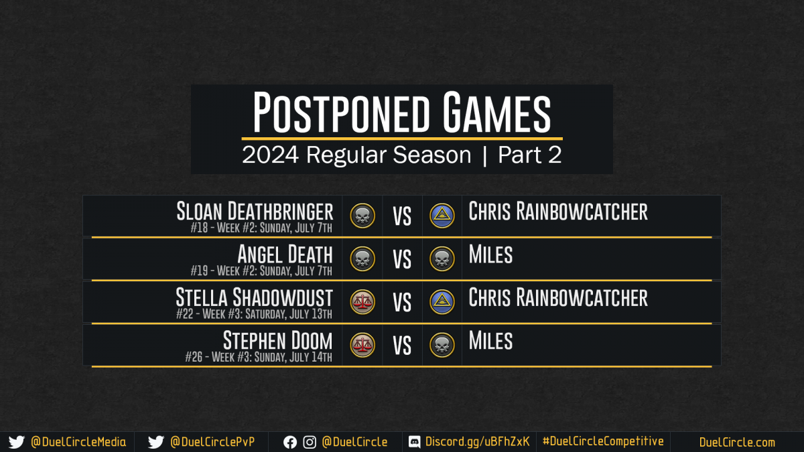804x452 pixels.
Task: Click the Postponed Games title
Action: click(401, 112)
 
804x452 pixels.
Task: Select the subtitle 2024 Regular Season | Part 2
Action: click(401, 155)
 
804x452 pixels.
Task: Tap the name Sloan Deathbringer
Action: click(255, 212)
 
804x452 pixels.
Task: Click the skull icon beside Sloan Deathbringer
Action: click(362, 216)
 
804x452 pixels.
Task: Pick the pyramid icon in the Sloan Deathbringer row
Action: click(442, 216)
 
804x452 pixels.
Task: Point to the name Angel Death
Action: click(285, 254)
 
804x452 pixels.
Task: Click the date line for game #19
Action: click(261, 271)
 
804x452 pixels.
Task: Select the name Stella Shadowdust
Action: click(254, 297)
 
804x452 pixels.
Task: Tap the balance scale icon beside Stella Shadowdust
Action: click(362, 302)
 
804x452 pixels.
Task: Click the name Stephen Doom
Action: click(278, 340)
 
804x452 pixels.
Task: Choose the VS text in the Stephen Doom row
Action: click(402, 346)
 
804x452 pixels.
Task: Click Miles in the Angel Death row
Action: click(490, 254)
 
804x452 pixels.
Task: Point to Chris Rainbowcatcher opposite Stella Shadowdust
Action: click(558, 297)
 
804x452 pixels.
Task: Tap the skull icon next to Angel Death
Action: click(362, 258)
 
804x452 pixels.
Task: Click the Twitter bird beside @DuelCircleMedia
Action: click(17, 442)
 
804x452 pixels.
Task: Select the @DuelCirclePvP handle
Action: click(212, 442)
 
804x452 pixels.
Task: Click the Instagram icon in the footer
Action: click(310, 443)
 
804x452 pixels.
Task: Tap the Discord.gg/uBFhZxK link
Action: click(477, 441)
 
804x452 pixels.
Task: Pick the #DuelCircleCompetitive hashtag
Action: click(603, 441)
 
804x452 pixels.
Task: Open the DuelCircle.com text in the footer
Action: click(737, 443)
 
